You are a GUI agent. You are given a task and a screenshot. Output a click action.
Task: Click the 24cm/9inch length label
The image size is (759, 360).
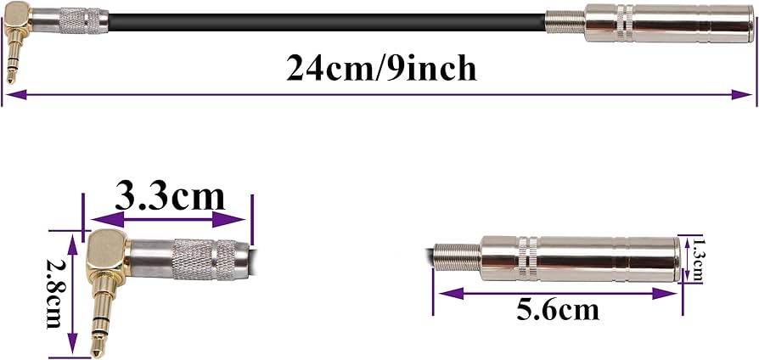381,68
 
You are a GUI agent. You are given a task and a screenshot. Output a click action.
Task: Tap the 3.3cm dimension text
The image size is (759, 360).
170,196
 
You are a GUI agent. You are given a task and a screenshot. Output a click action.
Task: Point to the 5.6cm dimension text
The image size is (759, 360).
558,309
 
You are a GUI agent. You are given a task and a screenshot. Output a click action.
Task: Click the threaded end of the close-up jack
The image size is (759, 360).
455,258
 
